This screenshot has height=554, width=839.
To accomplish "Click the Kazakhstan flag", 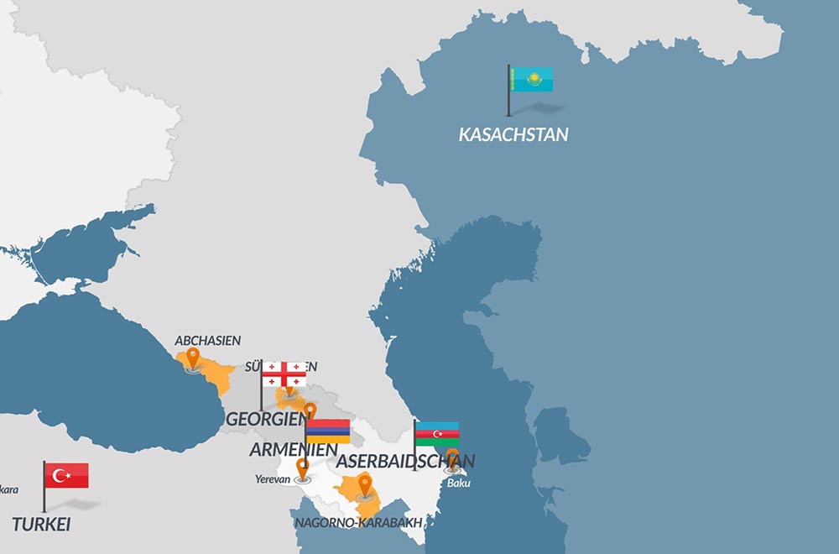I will point(530,80).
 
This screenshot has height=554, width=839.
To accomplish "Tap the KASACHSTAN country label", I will point(513,134).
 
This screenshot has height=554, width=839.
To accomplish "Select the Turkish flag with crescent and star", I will point(66,476).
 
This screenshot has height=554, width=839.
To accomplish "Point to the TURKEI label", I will point(41,525).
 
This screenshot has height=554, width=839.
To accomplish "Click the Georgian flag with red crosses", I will point(284,374).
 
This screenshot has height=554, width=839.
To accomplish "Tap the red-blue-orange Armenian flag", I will point(328,431).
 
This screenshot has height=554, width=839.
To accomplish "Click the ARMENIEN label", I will point(294,450).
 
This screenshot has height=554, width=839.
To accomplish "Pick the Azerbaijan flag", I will point(437,434).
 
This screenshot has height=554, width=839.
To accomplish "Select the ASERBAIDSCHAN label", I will point(405,461).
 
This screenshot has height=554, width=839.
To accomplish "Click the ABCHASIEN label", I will point(207,341).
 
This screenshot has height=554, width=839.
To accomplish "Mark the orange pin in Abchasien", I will point(194,358).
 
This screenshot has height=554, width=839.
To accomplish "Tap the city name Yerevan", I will point(273,479).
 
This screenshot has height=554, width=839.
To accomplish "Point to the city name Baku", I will point(459,483).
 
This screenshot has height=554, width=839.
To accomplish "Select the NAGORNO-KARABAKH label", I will point(357,523).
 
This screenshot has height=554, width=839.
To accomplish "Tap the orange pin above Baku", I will point(452,458).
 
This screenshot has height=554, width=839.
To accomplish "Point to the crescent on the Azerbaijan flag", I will point(435,434).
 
